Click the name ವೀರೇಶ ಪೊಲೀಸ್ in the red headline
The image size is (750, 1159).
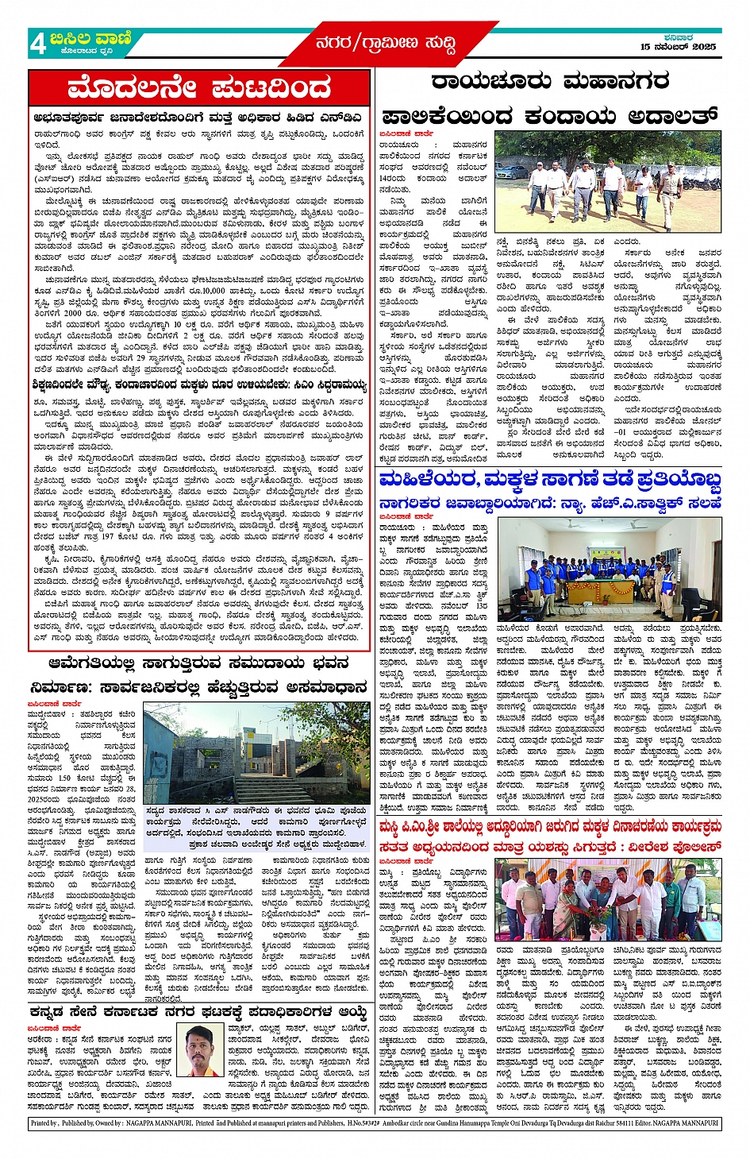tap(679, 846)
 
